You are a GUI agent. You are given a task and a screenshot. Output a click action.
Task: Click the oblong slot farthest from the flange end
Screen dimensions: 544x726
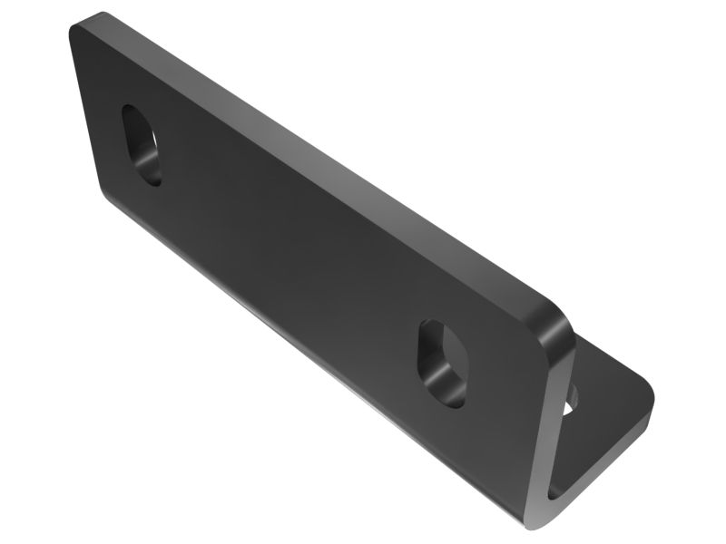(142, 145)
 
